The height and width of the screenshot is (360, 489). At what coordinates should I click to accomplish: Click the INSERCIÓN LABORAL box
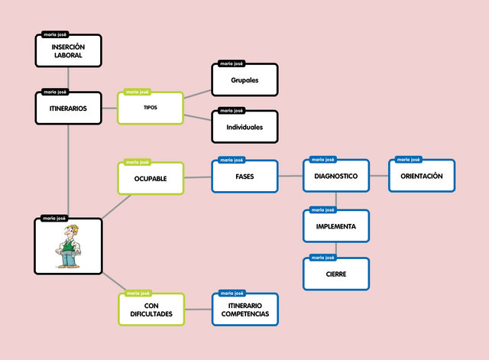point(68,51)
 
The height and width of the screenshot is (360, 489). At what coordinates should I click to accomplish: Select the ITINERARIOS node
point(68,108)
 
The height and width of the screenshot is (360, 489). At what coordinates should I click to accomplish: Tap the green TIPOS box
point(151,108)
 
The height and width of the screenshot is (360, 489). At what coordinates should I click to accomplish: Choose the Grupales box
point(244,80)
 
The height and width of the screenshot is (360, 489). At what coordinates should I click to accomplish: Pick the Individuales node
point(244,127)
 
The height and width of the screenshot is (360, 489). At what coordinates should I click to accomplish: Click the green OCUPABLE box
point(151,179)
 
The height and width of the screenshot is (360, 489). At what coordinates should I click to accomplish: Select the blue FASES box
point(244,177)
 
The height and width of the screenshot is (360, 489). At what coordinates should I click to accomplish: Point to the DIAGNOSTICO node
point(336,176)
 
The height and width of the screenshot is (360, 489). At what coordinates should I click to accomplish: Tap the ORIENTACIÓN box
point(422,176)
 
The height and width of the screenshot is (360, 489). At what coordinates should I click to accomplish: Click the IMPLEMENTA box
point(336,226)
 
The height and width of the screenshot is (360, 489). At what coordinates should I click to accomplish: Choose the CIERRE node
point(336,274)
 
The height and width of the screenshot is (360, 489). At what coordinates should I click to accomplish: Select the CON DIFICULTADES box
point(151,310)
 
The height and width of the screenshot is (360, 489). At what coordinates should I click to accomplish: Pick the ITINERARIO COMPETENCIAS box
point(244,310)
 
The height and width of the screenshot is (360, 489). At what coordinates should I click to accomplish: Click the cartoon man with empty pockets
point(69,246)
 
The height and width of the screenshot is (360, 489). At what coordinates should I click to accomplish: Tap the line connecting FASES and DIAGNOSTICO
point(290,176)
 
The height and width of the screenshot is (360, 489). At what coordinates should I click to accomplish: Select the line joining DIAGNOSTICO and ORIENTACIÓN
point(380,176)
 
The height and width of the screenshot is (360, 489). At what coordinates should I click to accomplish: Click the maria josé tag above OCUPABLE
point(138,162)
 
